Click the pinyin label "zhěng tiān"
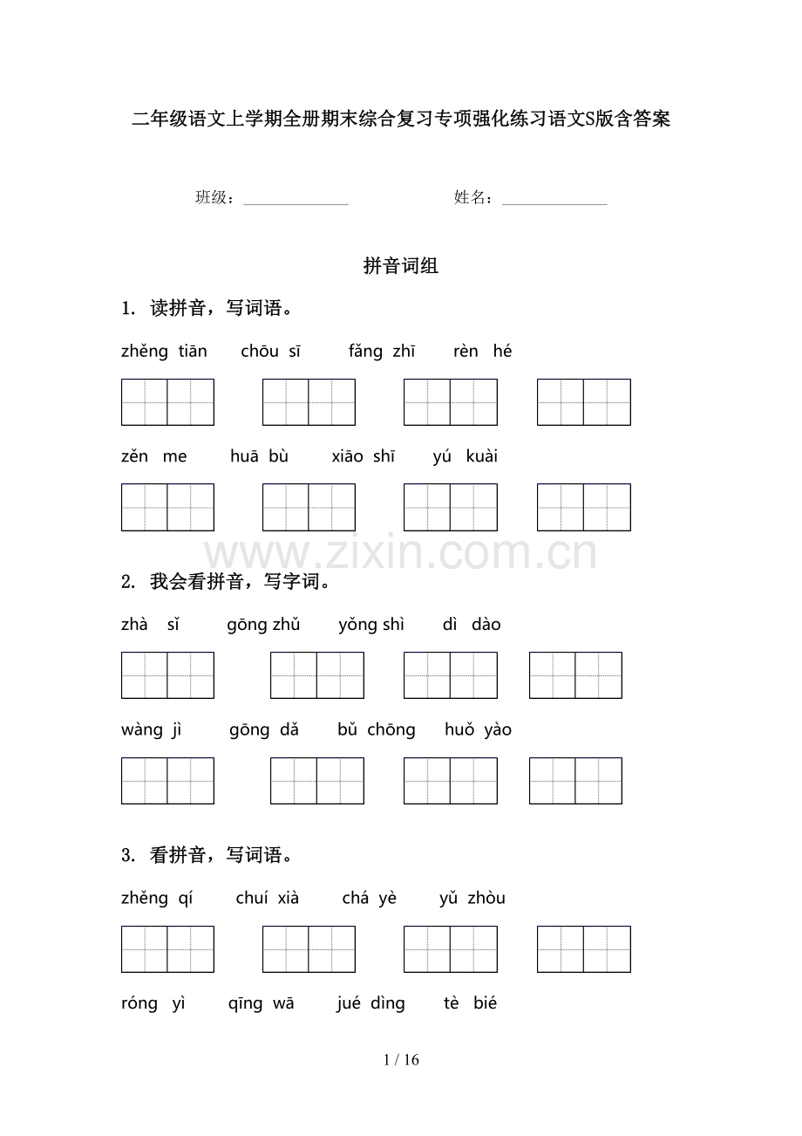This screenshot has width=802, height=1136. click(164, 352)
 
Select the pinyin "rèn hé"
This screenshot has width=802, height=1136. click(482, 352)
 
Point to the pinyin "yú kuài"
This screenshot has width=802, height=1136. click(465, 456)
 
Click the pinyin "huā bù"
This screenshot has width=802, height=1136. click(259, 456)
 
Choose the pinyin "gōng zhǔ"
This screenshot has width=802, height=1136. click(263, 625)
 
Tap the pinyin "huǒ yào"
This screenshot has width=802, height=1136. click(478, 730)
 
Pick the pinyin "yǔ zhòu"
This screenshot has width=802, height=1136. click(472, 899)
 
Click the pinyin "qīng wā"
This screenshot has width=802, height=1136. click(261, 1003)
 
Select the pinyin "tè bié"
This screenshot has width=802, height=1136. click(470, 1003)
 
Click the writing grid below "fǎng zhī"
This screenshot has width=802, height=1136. click(450, 402)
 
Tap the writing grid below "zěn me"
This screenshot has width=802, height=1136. click(167, 507)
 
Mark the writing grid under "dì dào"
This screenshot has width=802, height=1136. click(575, 675)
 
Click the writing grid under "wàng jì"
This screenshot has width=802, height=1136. click(167, 781)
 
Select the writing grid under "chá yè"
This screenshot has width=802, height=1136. click(450, 949)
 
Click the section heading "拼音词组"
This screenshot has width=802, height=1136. click(401, 267)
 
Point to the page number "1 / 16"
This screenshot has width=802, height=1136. click(401, 1060)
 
